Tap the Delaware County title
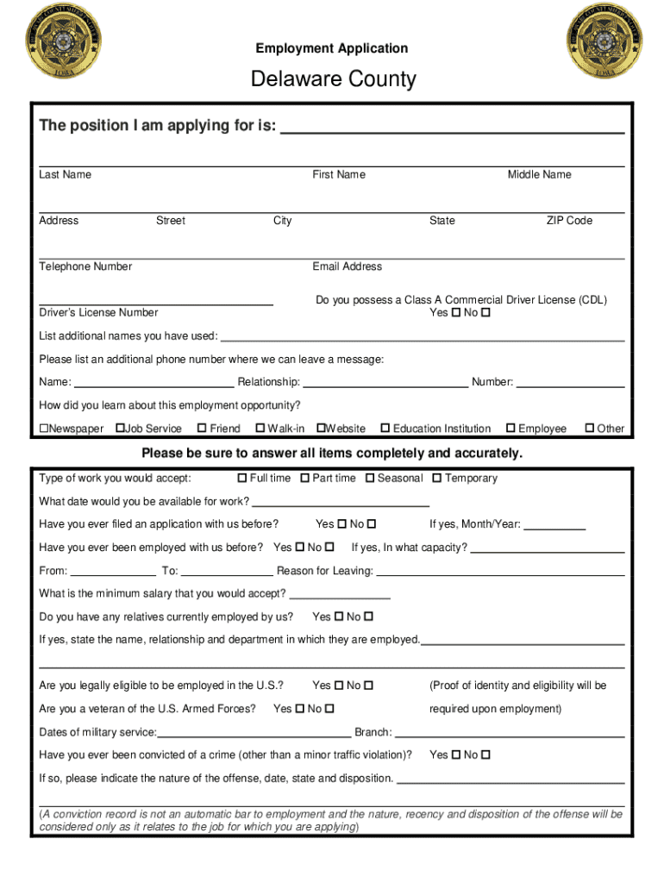tap(333, 80)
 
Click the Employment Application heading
tap(332, 48)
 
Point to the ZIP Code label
tap(569, 221)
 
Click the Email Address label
tap(347, 266)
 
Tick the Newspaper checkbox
tap(44, 429)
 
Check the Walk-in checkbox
tap(260, 429)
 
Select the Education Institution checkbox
tap(385, 429)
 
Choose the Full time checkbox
tap(242, 479)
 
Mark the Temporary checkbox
tap(437, 479)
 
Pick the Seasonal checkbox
tap(370, 479)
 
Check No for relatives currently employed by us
tap(369, 617)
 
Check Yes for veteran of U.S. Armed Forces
tap(300, 710)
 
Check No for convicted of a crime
tap(485, 755)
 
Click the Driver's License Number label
tap(98, 312)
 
